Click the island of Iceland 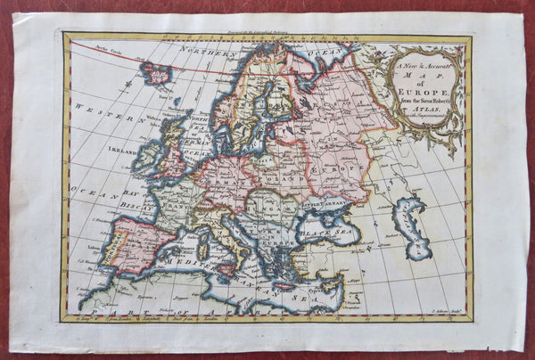coord(157,72)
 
